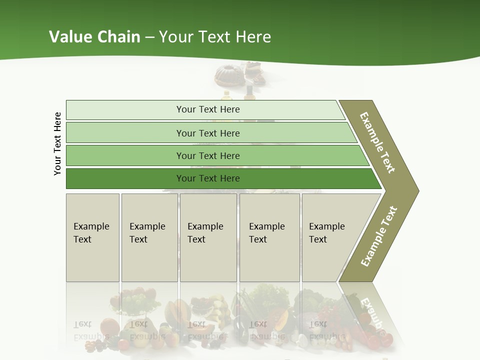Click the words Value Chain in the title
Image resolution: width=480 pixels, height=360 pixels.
pyautogui.click(x=94, y=36)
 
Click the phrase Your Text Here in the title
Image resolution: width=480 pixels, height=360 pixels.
pyautogui.click(x=215, y=36)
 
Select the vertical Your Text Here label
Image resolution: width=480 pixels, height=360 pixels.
pyautogui.click(x=57, y=143)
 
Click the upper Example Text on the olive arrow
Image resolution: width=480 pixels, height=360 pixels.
pyautogui.click(x=377, y=142)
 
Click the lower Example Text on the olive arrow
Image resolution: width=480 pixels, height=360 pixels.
pyautogui.click(x=378, y=236)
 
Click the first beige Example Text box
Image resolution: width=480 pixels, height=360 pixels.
pyautogui.click(x=92, y=237)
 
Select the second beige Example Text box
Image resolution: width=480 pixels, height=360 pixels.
pyautogui.click(x=149, y=237)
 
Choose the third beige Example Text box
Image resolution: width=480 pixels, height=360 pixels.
pyautogui.click(x=208, y=237)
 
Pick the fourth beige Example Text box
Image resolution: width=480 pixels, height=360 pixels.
pyautogui.click(x=269, y=237)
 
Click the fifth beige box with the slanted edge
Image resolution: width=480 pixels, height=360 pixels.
pyautogui.click(x=330, y=237)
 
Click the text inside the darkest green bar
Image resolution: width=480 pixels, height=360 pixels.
pyautogui.click(x=208, y=178)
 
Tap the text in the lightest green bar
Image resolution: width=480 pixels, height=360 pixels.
pyautogui.click(x=208, y=109)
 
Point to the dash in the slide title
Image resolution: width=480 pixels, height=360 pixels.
pyautogui.click(x=149, y=37)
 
